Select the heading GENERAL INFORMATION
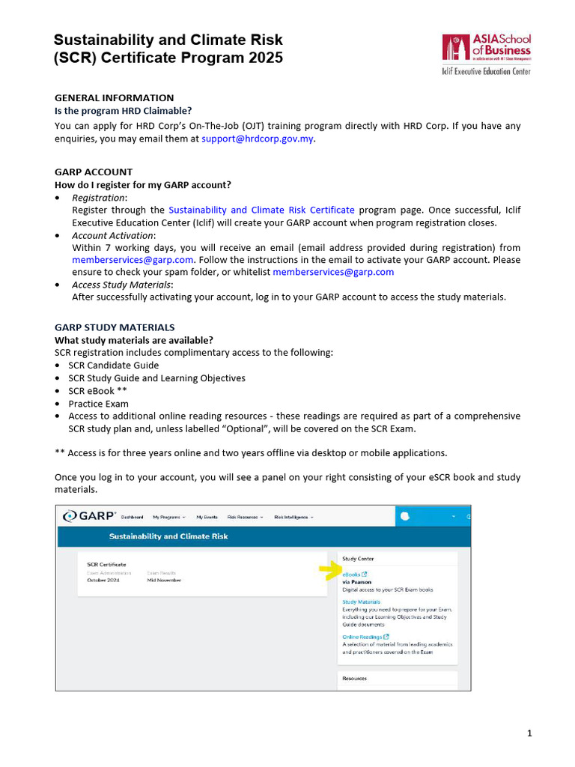114,97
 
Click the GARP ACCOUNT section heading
94,172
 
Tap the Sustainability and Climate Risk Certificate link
261,210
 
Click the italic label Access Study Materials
122,285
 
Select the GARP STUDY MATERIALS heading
115,327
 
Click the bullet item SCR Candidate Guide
113,366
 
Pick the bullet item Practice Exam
98,404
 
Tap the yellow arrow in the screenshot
329,572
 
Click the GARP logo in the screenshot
90,516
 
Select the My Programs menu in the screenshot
168,517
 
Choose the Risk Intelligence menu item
293,517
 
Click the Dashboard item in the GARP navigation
132,517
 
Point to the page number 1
529,733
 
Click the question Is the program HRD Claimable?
123,110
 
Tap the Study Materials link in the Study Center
361,601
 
